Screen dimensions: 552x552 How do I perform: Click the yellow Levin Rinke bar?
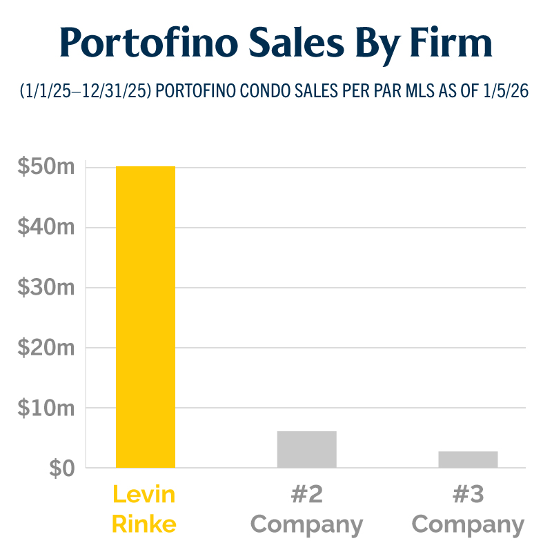pos(145,317)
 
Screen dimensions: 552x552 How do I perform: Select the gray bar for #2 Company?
pos(306,450)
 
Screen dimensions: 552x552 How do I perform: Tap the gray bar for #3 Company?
pos(468,460)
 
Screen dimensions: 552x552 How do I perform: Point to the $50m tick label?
pos(46,167)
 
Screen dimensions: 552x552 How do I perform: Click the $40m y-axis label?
pos(46,228)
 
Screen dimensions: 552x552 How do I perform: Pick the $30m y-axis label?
pos(46,288)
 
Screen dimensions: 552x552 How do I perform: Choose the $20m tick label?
pos(46,348)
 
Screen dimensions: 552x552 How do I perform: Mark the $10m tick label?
pos(46,408)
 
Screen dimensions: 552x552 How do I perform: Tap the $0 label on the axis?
pos(61,469)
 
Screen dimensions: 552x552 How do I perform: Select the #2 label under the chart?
pos(306,495)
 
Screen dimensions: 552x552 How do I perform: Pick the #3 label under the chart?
pos(468,495)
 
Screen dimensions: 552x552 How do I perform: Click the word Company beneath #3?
pos(468,525)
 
